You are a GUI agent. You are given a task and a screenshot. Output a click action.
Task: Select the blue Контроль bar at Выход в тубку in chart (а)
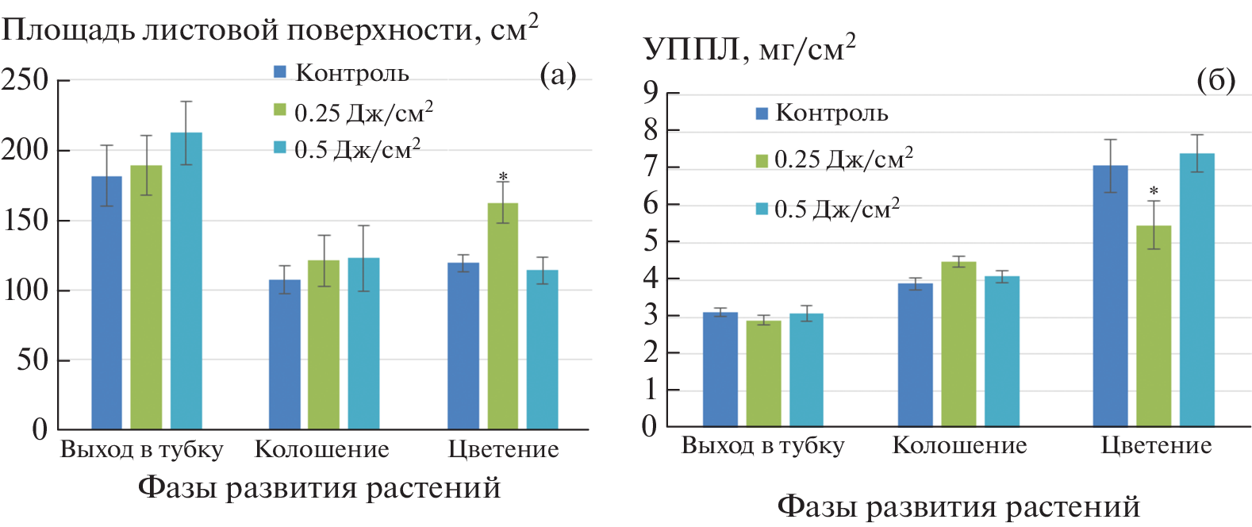coord(106,302)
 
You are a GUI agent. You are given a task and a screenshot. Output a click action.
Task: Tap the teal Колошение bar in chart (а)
coord(363,343)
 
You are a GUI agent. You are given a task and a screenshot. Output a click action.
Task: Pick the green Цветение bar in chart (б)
coord(1153,325)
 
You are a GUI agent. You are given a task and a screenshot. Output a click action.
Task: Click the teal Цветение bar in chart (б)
coord(1196,290)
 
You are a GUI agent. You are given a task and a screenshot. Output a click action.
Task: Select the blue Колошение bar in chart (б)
coord(915,354)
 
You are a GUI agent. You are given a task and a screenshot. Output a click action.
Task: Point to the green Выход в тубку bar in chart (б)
coord(763,373)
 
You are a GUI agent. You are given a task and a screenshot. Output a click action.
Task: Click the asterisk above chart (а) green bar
coord(503,177)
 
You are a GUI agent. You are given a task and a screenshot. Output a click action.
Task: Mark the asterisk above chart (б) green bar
coord(1154,191)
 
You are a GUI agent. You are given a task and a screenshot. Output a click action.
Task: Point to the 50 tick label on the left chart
coord(33,360)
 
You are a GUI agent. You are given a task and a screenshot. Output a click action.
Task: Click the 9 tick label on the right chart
coord(651,93)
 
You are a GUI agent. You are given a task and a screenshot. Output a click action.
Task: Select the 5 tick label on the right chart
coord(651,240)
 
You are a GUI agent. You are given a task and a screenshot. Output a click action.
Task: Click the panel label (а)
coord(557,75)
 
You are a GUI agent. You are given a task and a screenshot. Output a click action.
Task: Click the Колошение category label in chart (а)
coord(321,449)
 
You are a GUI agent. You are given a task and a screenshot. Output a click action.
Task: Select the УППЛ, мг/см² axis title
coord(749,49)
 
